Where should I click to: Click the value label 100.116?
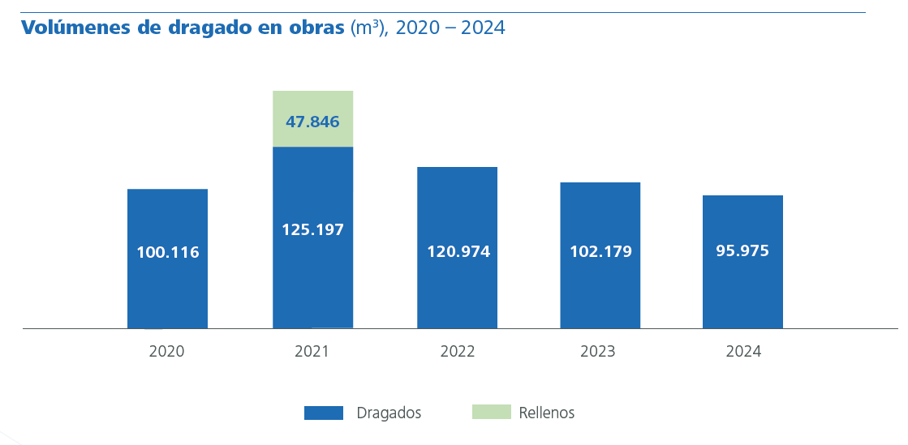pos(167,252)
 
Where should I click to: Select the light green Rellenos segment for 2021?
pos(312,104)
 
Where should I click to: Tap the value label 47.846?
pos(312,122)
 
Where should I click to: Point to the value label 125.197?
pos(312,229)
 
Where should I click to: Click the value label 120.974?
pos(458,251)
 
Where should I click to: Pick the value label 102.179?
pos(600,251)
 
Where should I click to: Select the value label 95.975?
pos(742,250)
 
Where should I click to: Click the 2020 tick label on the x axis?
pos(166,352)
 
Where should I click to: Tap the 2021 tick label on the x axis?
pos(312,352)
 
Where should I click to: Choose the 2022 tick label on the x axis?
pos(458,352)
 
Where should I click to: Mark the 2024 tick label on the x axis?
pos(743,352)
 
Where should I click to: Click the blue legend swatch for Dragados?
pos(324,413)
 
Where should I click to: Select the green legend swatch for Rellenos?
pos(492,412)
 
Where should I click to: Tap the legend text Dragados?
pos(389,413)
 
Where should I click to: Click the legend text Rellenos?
pos(546,413)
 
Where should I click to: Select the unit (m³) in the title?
pos(368,28)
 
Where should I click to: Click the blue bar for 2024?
pos(742,292)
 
